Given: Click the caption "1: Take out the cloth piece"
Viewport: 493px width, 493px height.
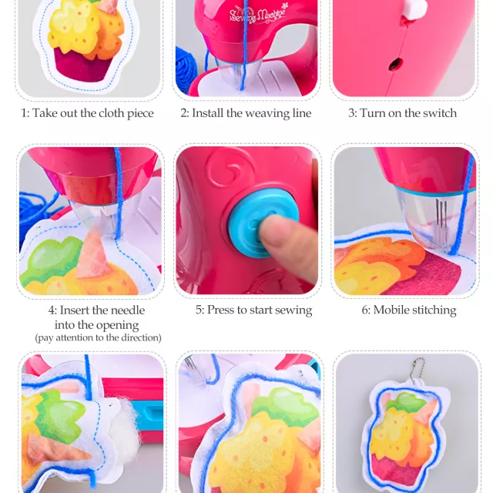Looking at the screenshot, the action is [87, 113].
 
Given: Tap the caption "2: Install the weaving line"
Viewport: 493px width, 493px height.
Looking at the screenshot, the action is [246, 113].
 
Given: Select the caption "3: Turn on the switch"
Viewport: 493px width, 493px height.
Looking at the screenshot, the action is [402, 113].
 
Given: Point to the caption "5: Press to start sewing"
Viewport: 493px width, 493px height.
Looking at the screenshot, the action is [253, 310].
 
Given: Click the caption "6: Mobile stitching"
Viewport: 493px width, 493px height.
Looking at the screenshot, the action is [409, 310].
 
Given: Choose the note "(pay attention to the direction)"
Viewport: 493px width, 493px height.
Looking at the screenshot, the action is [98, 337].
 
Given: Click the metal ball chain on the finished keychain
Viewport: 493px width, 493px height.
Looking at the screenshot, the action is [418, 369].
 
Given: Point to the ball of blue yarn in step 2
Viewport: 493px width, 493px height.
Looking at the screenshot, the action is [186, 71].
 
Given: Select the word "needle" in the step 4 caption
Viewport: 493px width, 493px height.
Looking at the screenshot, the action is [126, 310].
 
